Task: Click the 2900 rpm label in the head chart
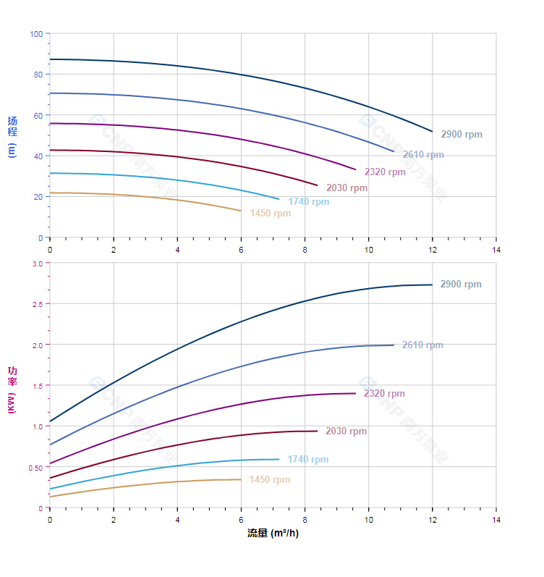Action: point(461,135)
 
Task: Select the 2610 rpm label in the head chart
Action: point(423,155)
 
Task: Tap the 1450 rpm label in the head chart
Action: point(270,214)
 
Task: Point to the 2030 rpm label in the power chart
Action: point(346,431)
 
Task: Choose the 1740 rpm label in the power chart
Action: point(307,460)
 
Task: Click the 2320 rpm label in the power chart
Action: point(384,394)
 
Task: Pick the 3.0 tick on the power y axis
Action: point(37,264)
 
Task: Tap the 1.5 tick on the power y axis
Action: point(37,386)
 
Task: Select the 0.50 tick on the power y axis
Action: point(35,468)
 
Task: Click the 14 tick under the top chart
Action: point(496,250)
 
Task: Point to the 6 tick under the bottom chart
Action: point(241,521)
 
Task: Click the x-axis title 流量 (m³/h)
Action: point(273,534)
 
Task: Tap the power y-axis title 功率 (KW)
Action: point(12,390)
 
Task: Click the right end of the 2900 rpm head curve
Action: point(433,132)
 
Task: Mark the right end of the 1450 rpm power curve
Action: point(241,479)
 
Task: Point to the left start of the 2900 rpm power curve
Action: point(50,421)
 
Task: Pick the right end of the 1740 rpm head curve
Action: point(279,199)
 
